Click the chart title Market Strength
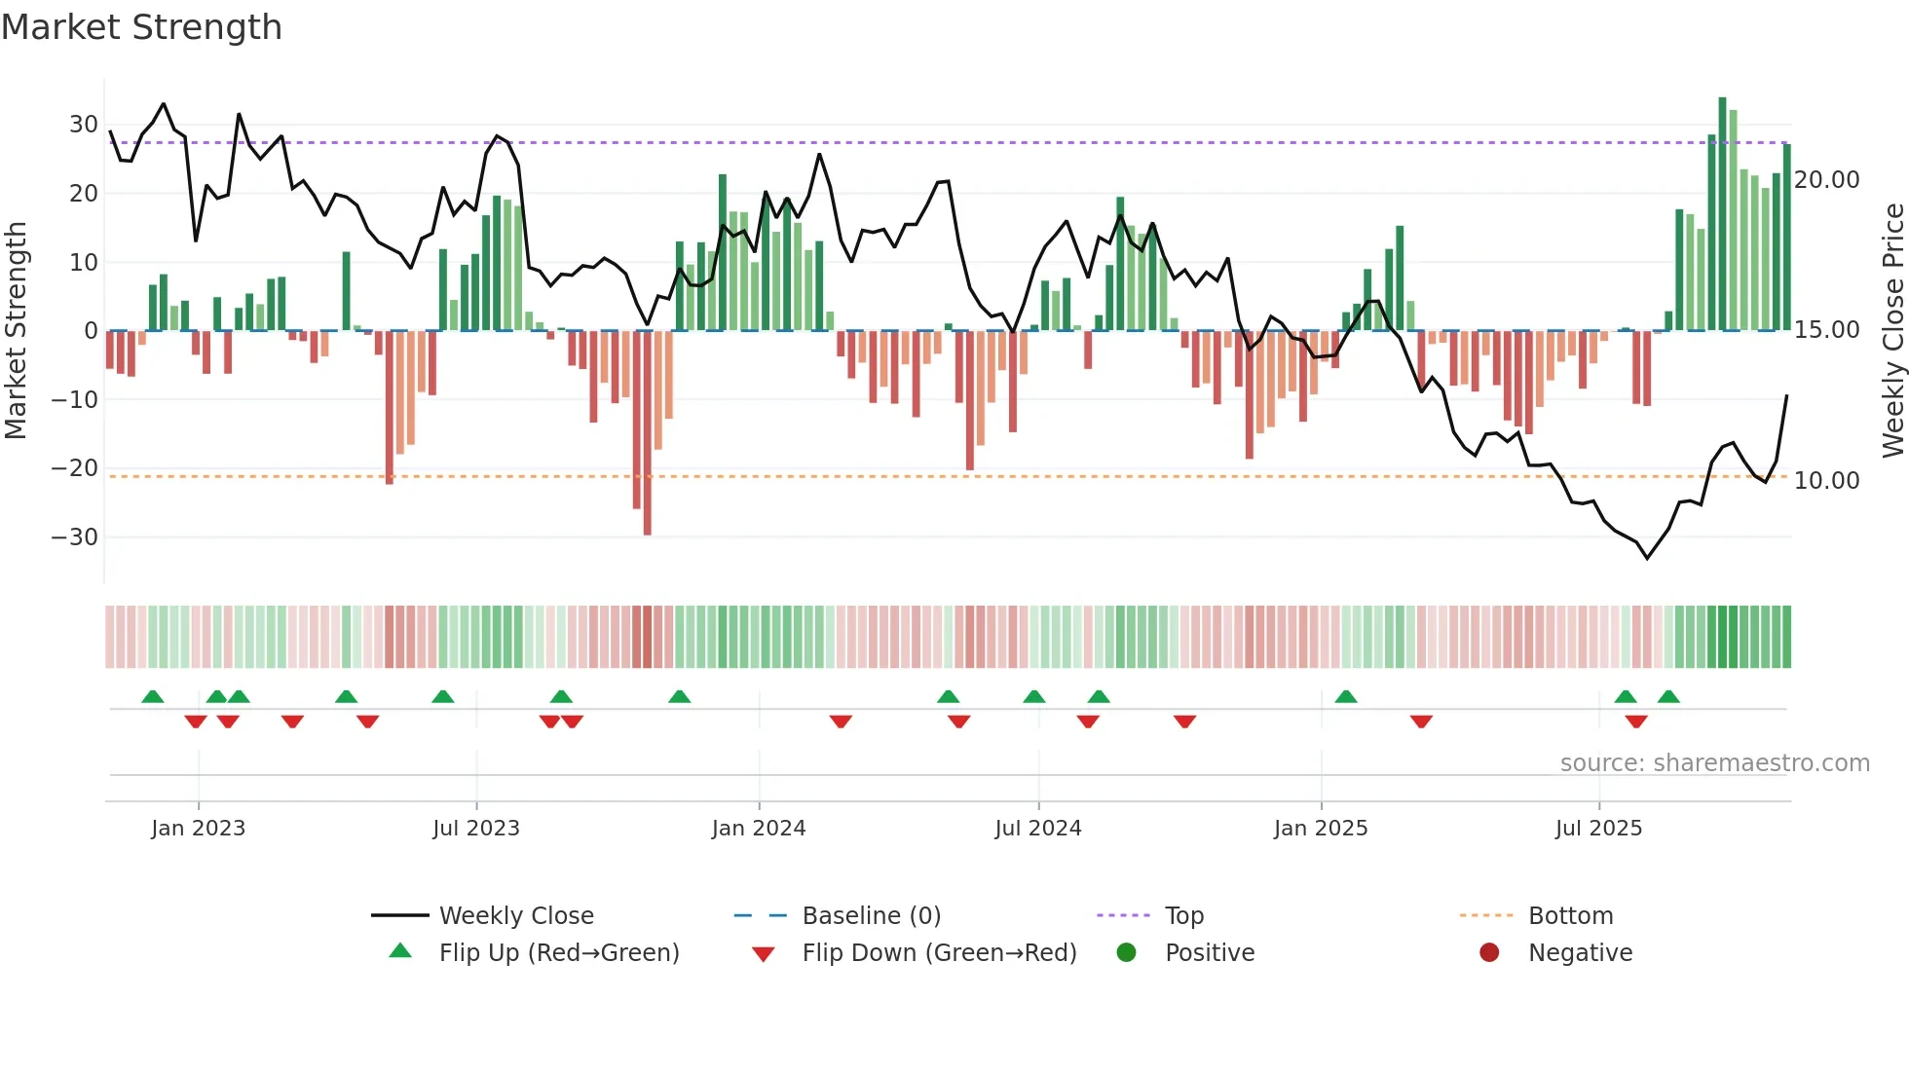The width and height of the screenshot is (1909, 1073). (141, 27)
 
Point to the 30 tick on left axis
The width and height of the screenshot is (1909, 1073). (84, 125)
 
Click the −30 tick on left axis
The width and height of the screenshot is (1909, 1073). (75, 537)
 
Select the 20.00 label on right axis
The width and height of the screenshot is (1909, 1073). (1826, 180)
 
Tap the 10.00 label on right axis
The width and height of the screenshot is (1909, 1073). (1826, 481)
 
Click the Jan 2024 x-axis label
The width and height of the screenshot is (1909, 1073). (759, 829)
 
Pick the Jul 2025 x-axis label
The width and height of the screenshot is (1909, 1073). (1598, 829)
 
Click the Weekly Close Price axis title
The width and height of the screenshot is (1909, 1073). (1892, 331)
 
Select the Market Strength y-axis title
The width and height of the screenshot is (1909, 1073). (17, 331)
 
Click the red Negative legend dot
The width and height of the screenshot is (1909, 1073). (1489, 953)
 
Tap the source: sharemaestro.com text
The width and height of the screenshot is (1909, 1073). (1714, 763)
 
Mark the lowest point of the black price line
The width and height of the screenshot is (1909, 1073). (1647, 558)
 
